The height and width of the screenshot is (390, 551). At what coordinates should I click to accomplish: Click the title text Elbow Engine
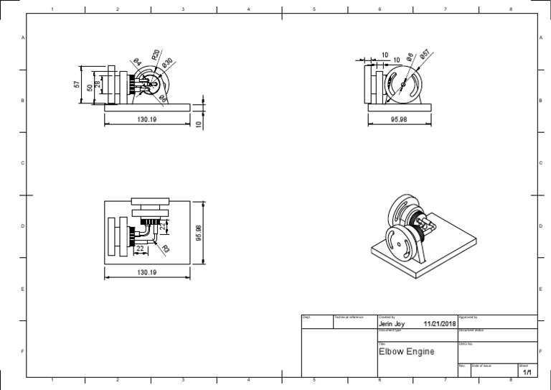pyautogui.click(x=406, y=351)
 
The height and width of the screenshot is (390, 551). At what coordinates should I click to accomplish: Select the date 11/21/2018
pyautogui.click(x=440, y=324)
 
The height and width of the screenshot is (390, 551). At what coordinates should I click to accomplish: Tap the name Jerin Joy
pyautogui.click(x=392, y=324)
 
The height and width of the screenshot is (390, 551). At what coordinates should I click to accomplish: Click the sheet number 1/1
pyautogui.click(x=527, y=373)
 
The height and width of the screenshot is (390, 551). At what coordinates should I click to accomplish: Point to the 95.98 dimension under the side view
pyautogui.click(x=399, y=120)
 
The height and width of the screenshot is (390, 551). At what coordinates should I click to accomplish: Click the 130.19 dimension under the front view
pyautogui.click(x=146, y=120)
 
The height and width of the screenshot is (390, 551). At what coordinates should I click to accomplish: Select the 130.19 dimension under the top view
pyautogui.click(x=146, y=273)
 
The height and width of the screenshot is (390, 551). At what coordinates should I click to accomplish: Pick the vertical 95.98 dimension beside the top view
pyautogui.click(x=199, y=233)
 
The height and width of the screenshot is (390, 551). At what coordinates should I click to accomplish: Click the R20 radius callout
pyautogui.click(x=155, y=55)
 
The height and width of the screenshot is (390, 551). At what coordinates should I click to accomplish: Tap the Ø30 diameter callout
pyautogui.click(x=167, y=63)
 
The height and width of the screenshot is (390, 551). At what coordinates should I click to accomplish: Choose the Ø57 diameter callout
pyautogui.click(x=424, y=55)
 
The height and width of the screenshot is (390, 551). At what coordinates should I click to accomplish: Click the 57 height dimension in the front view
pyautogui.click(x=77, y=85)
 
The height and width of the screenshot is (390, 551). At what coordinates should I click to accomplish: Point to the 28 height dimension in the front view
pyautogui.click(x=98, y=85)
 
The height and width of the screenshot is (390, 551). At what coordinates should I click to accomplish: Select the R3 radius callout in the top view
pyautogui.click(x=166, y=249)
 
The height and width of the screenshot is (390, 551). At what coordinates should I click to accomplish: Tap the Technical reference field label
pyautogui.click(x=349, y=317)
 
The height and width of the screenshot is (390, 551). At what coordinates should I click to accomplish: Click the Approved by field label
pyautogui.click(x=468, y=317)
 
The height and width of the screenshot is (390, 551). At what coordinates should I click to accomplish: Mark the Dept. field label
pyautogui.click(x=306, y=317)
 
